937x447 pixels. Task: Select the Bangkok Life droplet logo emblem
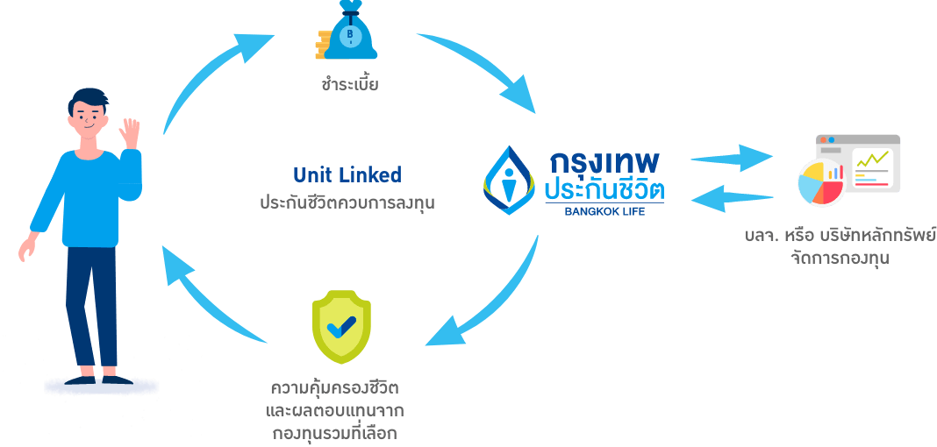pyautogui.click(x=511, y=180)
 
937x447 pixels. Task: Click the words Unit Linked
pyautogui.click(x=347, y=175)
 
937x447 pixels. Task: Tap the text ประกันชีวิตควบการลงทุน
pyautogui.click(x=347, y=202)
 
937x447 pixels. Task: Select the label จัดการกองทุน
pyautogui.click(x=840, y=258)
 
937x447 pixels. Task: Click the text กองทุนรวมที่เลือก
pyautogui.click(x=337, y=432)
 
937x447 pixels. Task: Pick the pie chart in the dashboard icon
pyautogui.click(x=820, y=182)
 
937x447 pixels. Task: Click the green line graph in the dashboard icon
pyautogui.click(x=872, y=160)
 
